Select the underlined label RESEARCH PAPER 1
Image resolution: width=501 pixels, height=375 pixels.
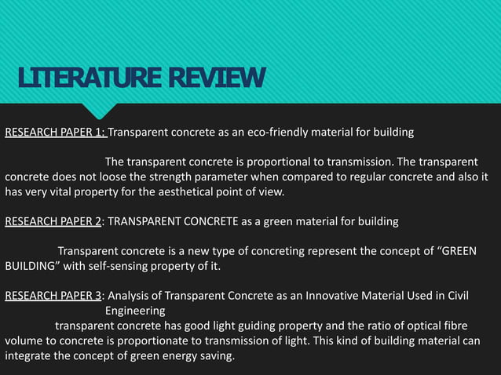pos(55,131)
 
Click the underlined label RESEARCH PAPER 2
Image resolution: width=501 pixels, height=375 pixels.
pos(53,222)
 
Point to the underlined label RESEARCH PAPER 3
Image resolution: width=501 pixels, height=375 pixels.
pos(53,296)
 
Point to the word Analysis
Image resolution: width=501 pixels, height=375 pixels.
pos(130,296)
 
